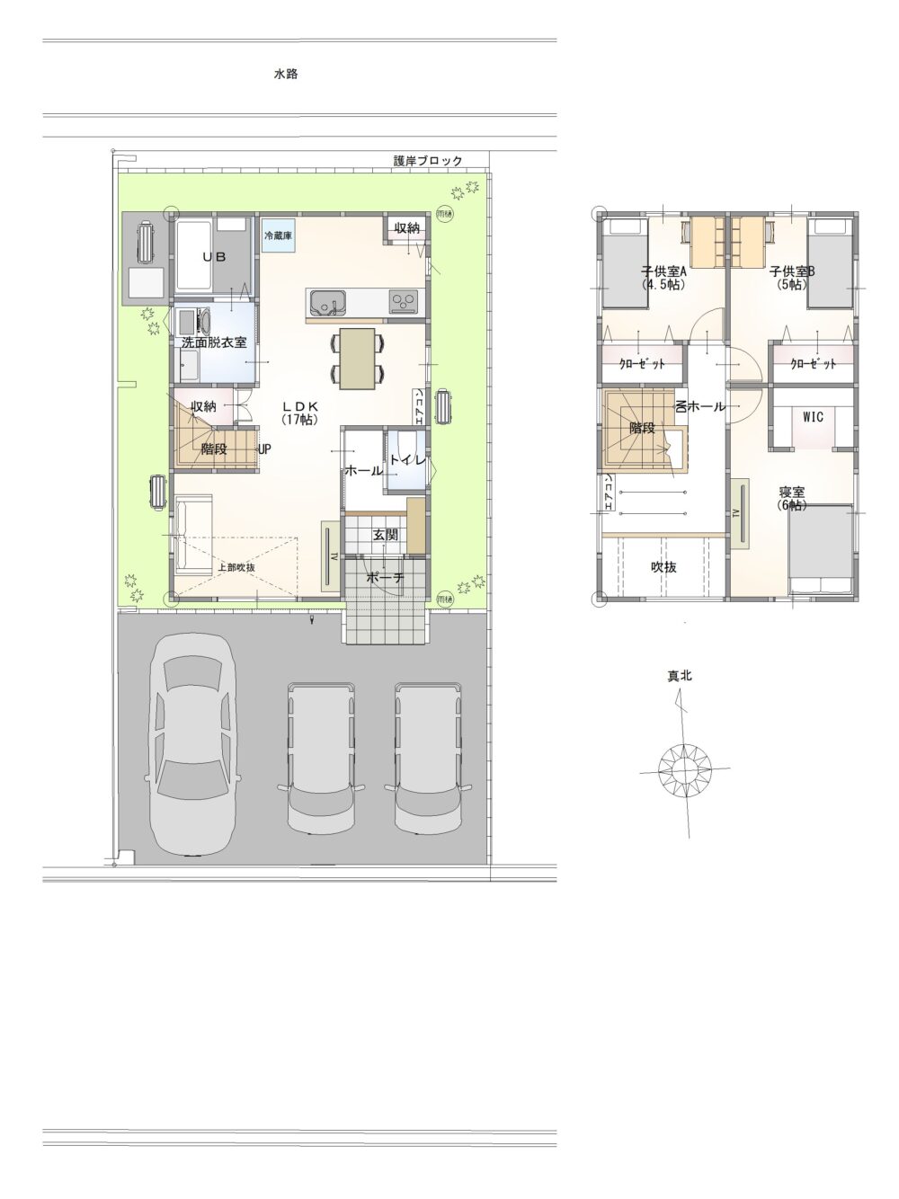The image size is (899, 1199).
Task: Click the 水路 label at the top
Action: point(286,75)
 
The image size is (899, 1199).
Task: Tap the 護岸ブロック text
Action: point(428,161)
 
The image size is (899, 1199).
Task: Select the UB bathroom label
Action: point(212,256)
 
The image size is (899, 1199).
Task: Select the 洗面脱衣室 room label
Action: point(214,342)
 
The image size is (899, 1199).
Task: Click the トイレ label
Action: point(405,459)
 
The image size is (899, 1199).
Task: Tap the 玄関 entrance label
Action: point(386,535)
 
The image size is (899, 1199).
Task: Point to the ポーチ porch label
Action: point(386,578)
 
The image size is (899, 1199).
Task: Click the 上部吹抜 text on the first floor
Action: point(236,567)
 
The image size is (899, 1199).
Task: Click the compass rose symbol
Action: point(685,768)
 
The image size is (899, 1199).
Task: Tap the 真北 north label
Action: point(680,676)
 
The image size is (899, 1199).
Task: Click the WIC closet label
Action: point(813,417)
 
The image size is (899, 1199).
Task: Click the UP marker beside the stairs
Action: point(265,449)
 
